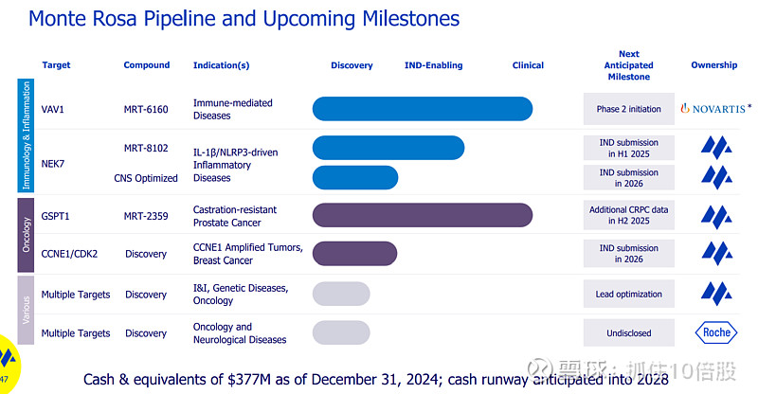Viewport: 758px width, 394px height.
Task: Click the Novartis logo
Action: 716,109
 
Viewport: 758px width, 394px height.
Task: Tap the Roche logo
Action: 715,332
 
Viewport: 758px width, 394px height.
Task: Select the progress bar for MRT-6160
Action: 423,109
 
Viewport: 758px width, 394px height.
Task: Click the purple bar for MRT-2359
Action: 422,216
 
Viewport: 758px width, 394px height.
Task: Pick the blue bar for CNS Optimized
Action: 355,177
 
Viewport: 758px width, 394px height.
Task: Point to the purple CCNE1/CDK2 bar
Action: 355,253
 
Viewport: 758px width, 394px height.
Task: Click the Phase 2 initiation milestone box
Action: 628,109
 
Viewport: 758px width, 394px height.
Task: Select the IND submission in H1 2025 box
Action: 628,148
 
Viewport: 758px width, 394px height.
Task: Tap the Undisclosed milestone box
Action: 628,333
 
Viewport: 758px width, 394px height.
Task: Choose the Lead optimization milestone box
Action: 628,295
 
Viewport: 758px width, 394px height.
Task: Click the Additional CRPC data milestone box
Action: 628,215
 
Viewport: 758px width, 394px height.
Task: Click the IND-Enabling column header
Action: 433,65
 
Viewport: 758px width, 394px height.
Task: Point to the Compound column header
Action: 147,65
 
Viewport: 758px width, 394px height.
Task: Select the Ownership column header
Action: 713,65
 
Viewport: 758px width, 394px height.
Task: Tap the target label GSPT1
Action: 56,216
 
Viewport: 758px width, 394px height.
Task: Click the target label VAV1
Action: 53,109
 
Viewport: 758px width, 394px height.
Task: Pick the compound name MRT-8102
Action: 146,148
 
